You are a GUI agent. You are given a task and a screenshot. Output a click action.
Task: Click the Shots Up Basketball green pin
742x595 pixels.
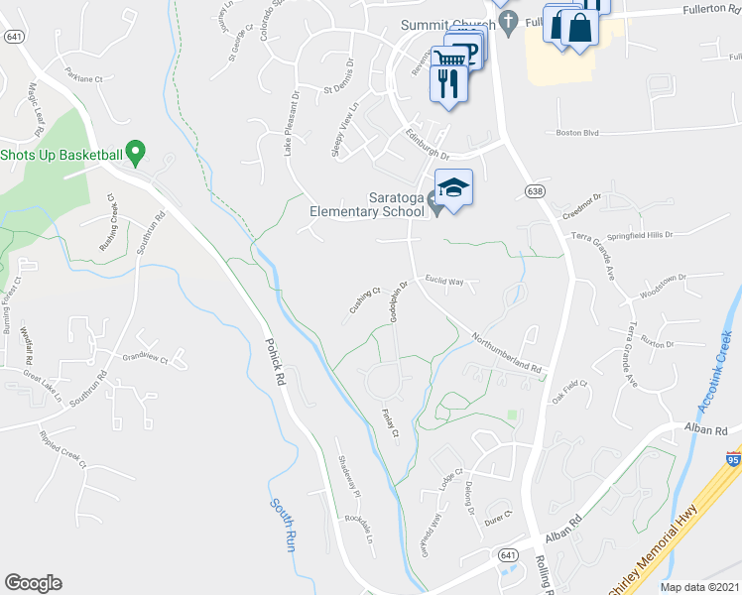click(138, 155)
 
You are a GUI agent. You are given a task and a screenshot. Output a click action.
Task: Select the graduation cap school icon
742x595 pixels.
click(453, 188)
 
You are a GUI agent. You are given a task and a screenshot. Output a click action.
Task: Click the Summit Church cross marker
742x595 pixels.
click(507, 27)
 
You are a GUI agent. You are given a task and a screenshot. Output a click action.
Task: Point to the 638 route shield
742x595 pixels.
click(534, 188)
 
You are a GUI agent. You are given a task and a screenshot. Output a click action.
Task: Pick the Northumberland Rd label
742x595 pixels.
click(507, 352)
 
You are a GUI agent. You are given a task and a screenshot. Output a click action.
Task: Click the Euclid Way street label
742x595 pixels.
click(444, 281)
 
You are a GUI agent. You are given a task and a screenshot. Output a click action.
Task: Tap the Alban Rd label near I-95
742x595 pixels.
click(706, 429)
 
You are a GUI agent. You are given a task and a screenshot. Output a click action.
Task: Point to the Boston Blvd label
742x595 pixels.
click(578, 132)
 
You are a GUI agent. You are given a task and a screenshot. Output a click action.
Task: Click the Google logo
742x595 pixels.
click(33, 582)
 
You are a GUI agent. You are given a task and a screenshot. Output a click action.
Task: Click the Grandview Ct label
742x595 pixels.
click(146, 357)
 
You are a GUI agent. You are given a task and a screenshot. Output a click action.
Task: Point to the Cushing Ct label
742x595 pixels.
click(365, 299)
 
